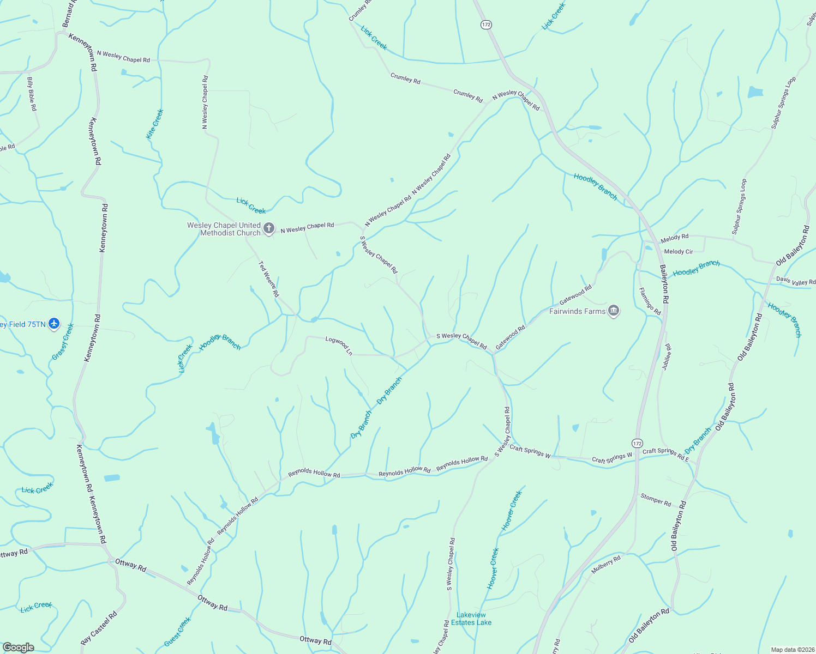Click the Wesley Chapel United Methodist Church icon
coord(268,228)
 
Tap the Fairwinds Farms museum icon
coord(614,311)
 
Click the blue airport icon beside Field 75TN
coord(53,324)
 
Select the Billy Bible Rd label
coord(32,94)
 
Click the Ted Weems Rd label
coord(268,278)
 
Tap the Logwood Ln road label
coord(339,346)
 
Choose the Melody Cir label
coord(678,252)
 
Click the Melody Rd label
coord(674,238)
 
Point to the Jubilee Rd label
coord(667,357)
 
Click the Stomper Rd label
coord(656,500)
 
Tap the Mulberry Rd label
coord(606,565)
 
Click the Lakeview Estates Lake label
coord(471,619)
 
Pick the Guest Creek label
coord(178,632)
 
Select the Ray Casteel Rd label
coord(99,629)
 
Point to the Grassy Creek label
coord(63,342)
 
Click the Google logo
coord(18,647)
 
